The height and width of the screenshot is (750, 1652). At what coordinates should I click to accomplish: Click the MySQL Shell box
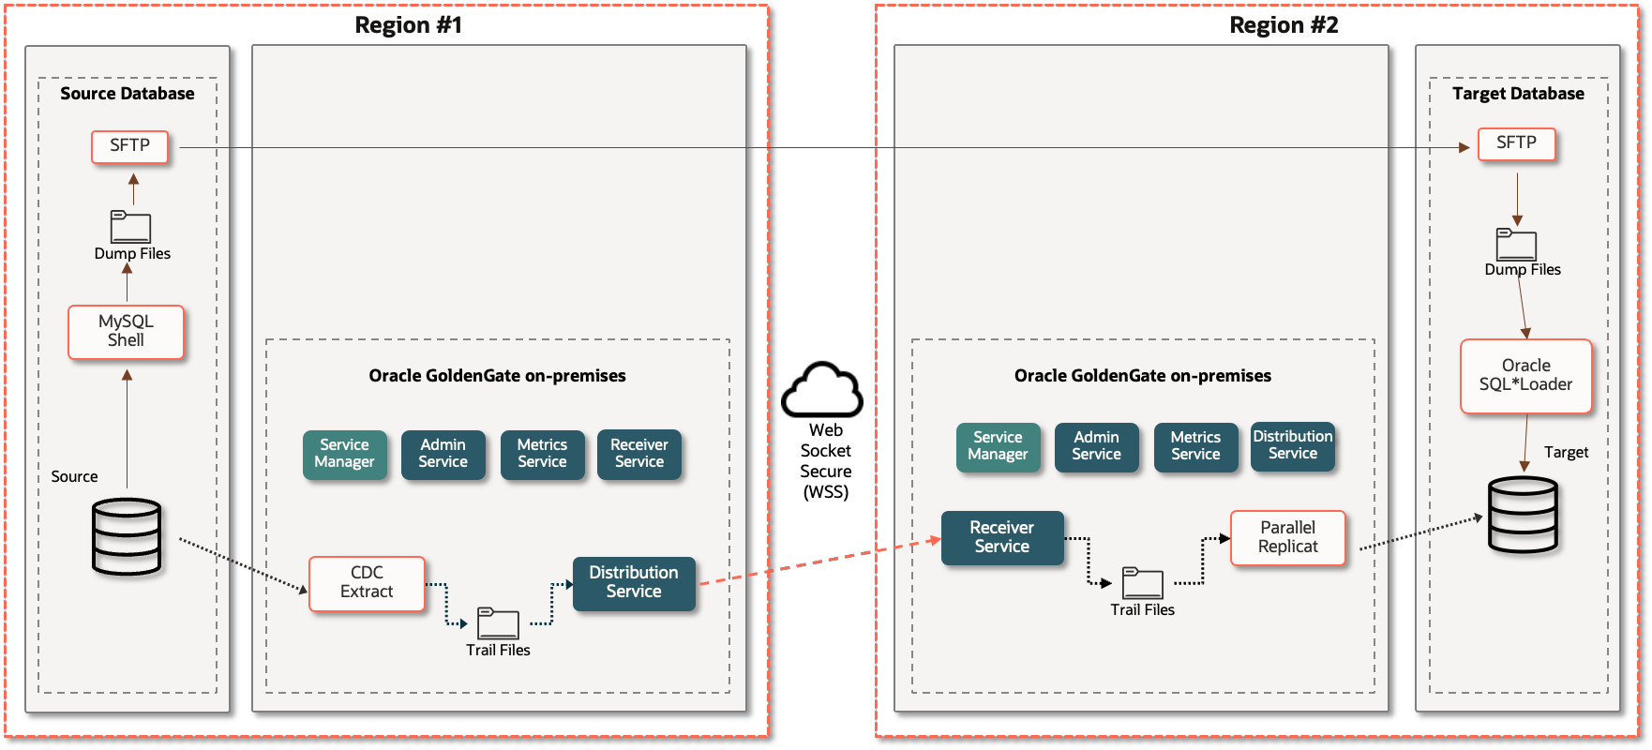(x=126, y=332)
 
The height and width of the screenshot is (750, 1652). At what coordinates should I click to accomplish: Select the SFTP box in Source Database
(x=129, y=146)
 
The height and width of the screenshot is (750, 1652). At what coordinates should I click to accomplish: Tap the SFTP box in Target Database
(x=1516, y=143)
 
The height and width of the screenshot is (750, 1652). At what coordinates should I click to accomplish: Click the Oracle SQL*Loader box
(x=1525, y=375)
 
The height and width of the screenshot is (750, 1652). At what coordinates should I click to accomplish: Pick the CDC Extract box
(x=367, y=583)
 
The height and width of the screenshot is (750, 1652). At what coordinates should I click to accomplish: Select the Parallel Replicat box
(x=1287, y=537)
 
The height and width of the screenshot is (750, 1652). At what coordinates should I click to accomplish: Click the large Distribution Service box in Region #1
(x=634, y=583)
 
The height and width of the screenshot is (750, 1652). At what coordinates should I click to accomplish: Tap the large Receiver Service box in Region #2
(x=1001, y=537)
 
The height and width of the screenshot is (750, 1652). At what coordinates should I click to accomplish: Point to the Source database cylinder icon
(x=127, y=536)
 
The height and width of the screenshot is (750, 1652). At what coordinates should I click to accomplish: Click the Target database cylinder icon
(x=1523, y=515)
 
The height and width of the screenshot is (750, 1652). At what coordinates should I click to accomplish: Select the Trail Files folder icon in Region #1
(x=498, y=623)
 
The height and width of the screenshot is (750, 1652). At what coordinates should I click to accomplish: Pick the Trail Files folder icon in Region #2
(x=1142, y=583)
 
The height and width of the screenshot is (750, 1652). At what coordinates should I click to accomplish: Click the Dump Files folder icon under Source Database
(x=130, y=228)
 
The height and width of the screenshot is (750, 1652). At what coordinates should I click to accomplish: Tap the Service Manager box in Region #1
(x=344, y=455)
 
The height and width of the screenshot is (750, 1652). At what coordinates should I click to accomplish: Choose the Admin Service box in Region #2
(x=1096, y=446)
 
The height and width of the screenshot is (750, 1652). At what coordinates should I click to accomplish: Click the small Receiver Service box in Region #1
(x=638, y=455)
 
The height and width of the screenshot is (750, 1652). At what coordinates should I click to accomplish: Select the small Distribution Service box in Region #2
(x=1292, y=446)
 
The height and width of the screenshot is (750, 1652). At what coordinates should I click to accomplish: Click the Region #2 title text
(x=1283, y=25)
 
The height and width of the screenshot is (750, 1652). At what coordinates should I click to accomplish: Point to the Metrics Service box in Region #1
(x=542, y=455)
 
